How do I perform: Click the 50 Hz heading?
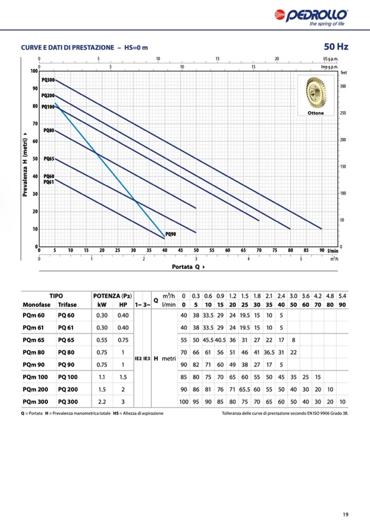336,47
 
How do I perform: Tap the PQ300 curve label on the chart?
48,80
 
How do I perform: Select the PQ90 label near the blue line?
170,234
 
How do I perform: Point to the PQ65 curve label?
49,158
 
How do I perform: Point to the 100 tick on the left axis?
34,71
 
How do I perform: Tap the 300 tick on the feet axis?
343,86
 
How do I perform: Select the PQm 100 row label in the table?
35,376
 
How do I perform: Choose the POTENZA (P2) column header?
113,295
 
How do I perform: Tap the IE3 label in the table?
146,358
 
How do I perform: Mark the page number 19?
346,514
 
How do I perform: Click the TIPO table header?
56,295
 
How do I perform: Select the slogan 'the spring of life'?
326,23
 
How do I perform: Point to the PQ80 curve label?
49,131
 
